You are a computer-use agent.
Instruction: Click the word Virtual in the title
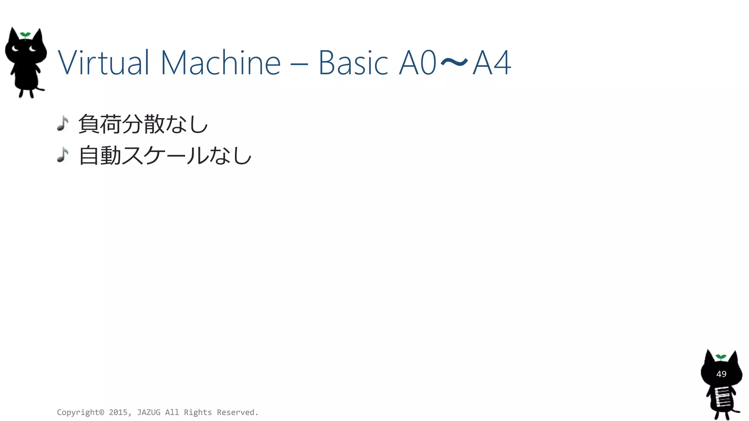click(103, 63)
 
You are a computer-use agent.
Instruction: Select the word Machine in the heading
click(221, 63)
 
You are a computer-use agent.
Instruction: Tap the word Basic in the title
click(353, 63)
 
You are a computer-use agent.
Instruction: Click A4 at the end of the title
click(492, 63)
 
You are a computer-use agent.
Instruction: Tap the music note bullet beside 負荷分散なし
click(63, 124)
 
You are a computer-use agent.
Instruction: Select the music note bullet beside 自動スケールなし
click(63, 155)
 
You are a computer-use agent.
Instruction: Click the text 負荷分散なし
click(143, 124)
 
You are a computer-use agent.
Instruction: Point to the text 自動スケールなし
click(165, 155)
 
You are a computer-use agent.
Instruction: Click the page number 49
click(721, 374)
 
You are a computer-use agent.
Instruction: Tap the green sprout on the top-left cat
click(25, 35)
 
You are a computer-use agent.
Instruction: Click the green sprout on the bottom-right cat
click(721, 357)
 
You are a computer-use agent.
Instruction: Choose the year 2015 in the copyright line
click(118, 412)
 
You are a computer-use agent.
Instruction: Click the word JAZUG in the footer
click(148, 412)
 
